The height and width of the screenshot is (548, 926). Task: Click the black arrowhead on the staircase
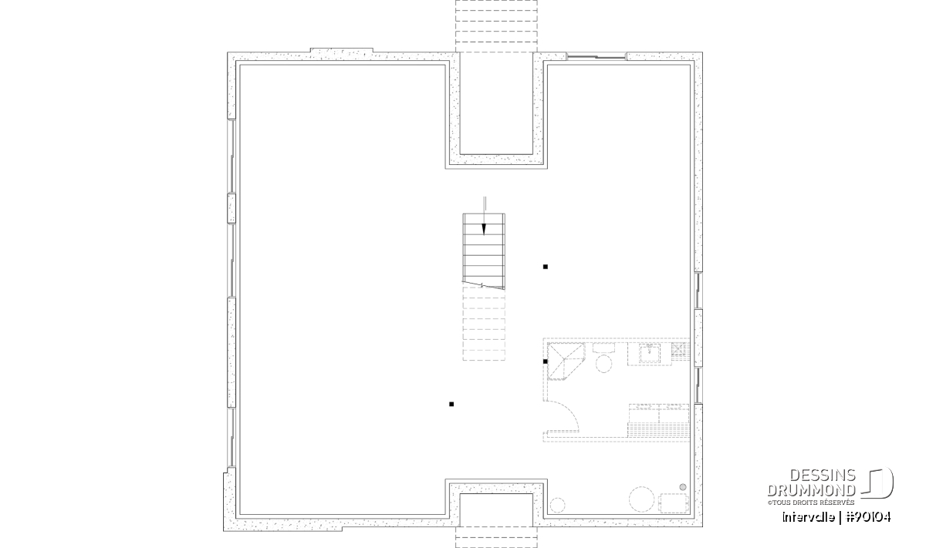(x=484, y=229)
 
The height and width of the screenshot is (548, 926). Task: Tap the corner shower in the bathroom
(x=565, y=361)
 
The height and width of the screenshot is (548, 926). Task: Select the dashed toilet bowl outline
(x=603, y=364)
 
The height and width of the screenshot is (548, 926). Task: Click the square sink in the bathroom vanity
(x=650, y=353)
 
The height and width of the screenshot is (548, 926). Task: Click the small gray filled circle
(x=682, y=487)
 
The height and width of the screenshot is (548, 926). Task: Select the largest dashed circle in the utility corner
(x=641, y=499)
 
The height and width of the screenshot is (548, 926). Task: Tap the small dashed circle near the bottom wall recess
(x=557, y=505)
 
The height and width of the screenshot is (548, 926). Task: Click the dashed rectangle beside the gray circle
(x=674, y=503)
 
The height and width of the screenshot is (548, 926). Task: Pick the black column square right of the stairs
(x=546, y=267)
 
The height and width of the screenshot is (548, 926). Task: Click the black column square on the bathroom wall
(x=546, y=361)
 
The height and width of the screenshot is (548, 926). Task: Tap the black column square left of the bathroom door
(x=451, y=404)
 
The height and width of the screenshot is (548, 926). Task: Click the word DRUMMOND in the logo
(x=811, y=490)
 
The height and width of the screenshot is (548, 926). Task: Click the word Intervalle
(x=808, y=517)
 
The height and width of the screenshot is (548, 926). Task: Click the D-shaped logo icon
(x=877, y=482)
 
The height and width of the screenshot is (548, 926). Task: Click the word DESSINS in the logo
(x=823, y=476)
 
